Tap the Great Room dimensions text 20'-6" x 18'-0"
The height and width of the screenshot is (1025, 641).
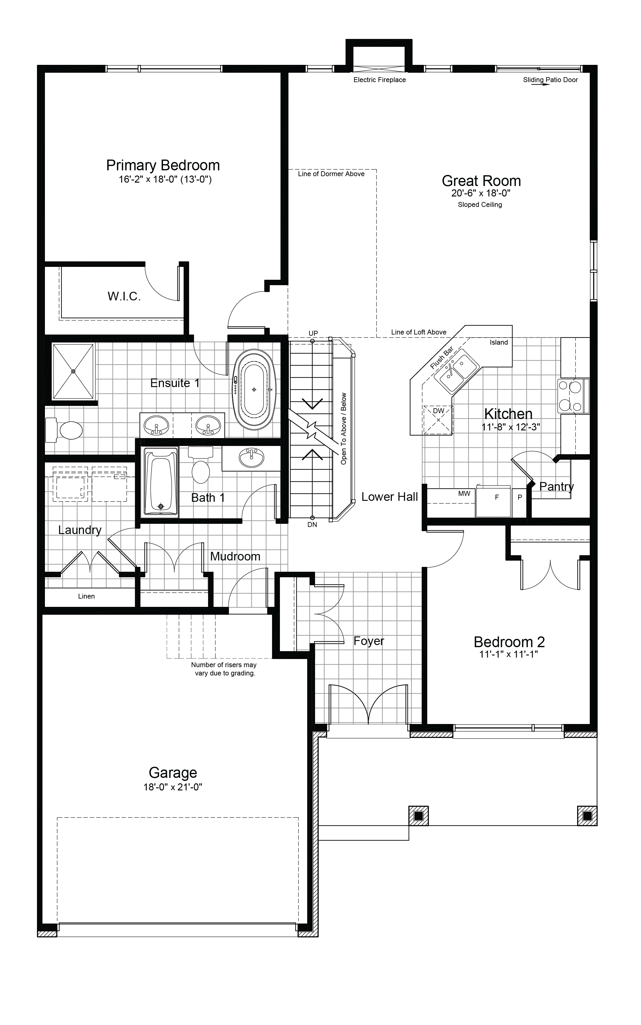(x=481, y=193)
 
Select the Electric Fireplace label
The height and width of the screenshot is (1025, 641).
(x=380, y=80)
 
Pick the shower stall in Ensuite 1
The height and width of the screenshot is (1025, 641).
(x=73, y=371)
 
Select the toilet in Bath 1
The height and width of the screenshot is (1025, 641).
(x=201, y=465)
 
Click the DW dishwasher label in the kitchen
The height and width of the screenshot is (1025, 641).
(x=438, y=411)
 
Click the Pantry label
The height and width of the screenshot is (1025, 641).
(x=556, y=487)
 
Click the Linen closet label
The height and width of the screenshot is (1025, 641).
(x=86, y=596)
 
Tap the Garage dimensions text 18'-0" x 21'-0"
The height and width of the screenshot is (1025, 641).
(x=173, y=787)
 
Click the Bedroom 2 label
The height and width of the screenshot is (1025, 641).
(x=509, y=642)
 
